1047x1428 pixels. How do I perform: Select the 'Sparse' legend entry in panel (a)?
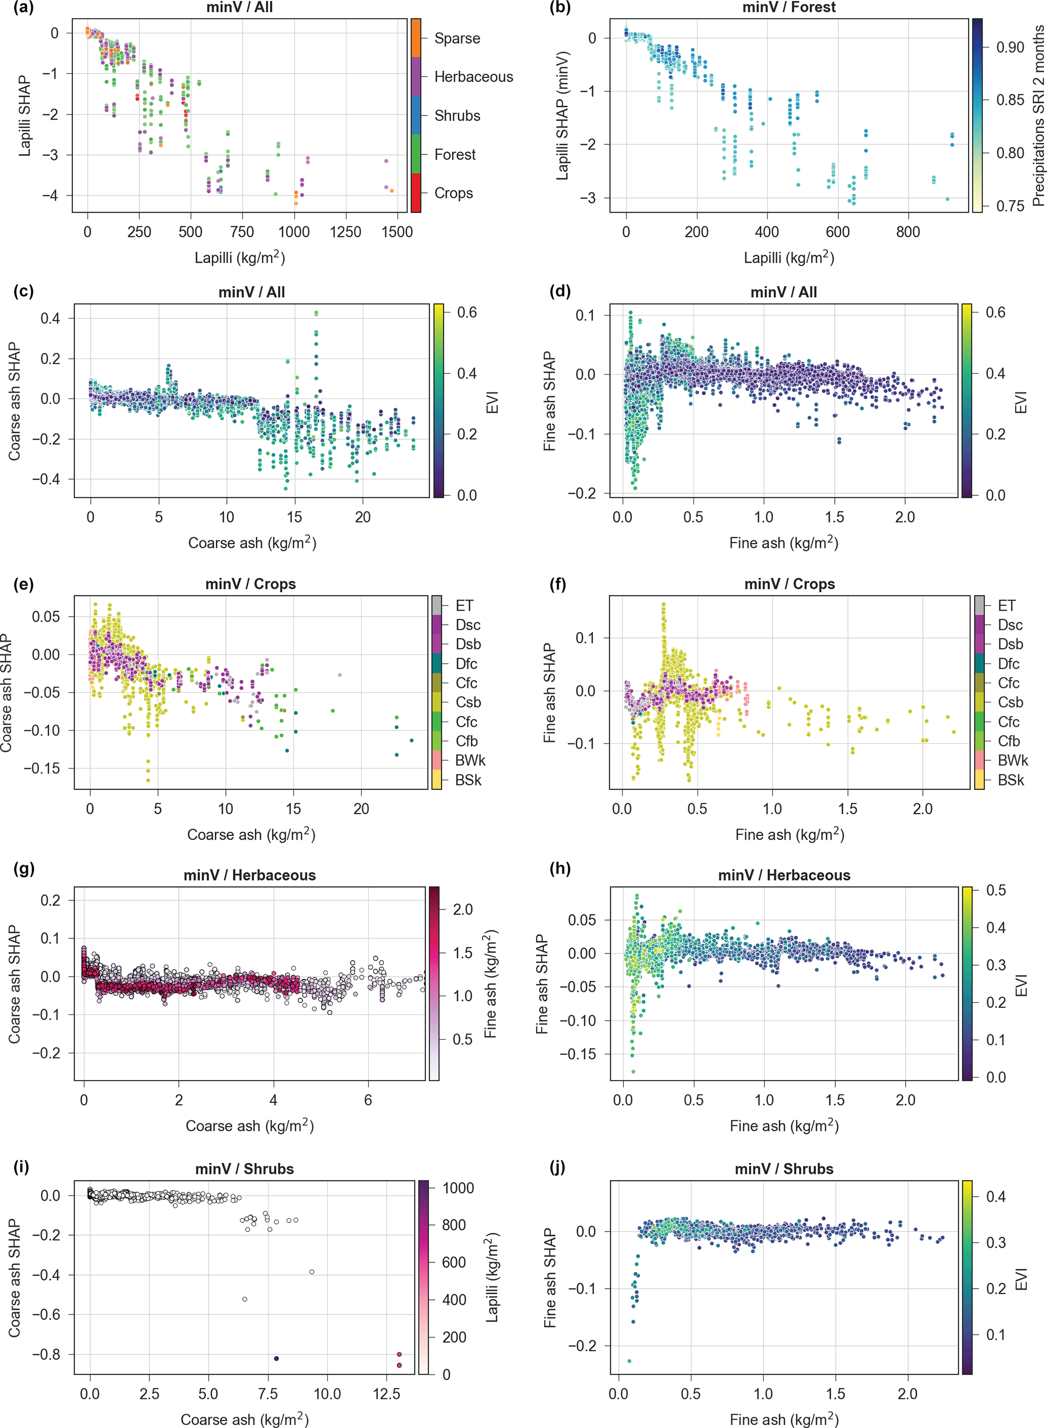(x=457, y=38)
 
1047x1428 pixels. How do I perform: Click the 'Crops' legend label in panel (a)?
(x=453, y=193)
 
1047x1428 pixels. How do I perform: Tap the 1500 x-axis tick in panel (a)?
(x=397, y=232)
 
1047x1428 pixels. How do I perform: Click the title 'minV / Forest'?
(x=789, y=8)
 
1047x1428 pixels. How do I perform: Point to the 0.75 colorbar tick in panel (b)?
(x=1010, y=206)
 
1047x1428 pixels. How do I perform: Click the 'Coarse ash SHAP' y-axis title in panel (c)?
(x=14, y=401)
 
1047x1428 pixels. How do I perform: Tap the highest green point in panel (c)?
(x=316, y=313)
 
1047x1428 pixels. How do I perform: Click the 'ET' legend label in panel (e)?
(x=464, y=606)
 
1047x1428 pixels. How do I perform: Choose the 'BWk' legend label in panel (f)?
(x=1012, y=760)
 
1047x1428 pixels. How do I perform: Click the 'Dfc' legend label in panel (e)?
(x=466, y=663)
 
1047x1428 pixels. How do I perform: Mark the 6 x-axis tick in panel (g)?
(x=368, y=1100)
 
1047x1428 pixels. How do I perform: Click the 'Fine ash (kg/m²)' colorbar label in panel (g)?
(x=490, y=983)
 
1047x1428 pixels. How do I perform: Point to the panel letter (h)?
(x=560, y=868)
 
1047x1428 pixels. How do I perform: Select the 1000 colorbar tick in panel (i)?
(x=457, y=1188)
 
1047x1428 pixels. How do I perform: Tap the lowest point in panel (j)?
(x=629, y=1361)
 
